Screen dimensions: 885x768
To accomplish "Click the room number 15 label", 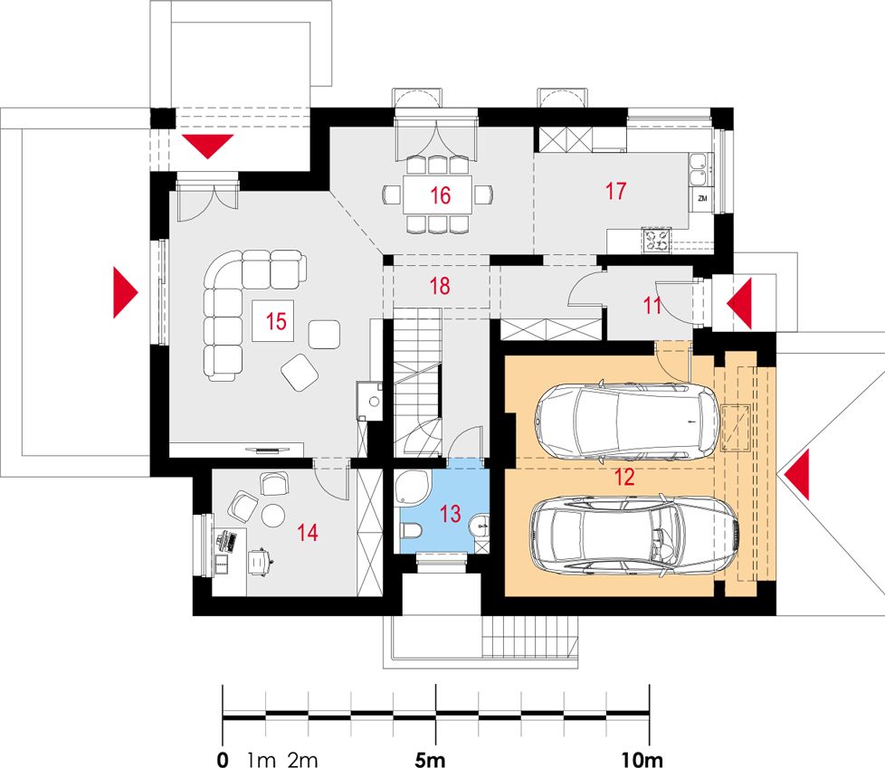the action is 276,321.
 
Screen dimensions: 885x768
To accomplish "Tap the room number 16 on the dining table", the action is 441,195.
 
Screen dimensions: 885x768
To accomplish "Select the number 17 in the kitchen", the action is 615,191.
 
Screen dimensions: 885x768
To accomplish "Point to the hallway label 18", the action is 441,286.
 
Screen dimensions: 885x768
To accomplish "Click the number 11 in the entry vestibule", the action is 652,305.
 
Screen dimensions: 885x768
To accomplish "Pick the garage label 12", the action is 624,477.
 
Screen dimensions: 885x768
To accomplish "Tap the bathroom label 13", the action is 450,514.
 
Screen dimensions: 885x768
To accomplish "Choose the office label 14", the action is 308,532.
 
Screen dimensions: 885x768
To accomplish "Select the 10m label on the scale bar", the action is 642,759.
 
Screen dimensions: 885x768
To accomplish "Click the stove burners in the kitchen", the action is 656,240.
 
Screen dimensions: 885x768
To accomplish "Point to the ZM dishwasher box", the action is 702,199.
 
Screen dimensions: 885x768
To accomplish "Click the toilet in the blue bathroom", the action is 410,530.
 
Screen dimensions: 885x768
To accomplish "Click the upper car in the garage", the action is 627,421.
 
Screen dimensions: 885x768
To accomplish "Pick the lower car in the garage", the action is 634,536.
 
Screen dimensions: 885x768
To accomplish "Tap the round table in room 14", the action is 273,515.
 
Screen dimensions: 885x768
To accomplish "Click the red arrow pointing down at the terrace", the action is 207,147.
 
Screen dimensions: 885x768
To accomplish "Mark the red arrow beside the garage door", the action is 796,475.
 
